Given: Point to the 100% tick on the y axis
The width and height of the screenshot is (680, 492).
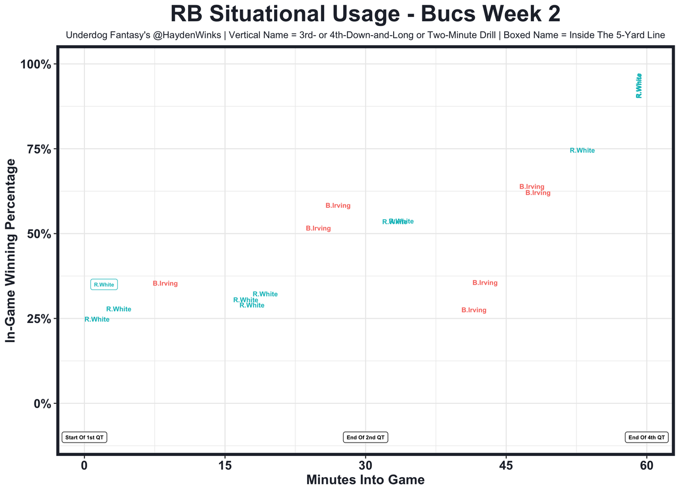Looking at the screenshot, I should tap(36, 65).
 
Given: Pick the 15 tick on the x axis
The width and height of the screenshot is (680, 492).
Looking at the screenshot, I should tap(225, 466).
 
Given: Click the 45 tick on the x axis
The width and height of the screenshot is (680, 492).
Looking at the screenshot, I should tap(506, 466).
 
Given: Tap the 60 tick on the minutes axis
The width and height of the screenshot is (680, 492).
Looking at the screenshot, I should tap(647, 466).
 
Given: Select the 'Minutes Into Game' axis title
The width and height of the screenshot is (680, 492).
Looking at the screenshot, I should tap(365, 480).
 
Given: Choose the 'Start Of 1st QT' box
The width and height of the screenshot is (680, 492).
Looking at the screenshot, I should tap(85, 438).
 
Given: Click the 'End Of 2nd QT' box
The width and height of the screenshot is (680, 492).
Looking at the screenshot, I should tap(365, 438).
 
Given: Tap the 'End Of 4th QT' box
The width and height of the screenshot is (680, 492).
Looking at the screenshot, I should tap(646, 438).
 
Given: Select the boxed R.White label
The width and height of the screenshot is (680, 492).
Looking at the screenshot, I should tap(104, 285).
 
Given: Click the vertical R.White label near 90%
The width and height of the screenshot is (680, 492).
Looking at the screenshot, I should tap(639, 86).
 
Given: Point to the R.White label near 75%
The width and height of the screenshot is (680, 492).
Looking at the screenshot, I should tap(582, 151).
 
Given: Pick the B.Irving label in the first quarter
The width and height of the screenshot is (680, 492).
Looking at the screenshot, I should tap(165, 284).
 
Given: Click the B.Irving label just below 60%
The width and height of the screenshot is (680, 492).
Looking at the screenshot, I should tap(338, 206).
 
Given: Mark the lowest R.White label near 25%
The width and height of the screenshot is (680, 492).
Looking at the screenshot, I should tap(97, 320).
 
